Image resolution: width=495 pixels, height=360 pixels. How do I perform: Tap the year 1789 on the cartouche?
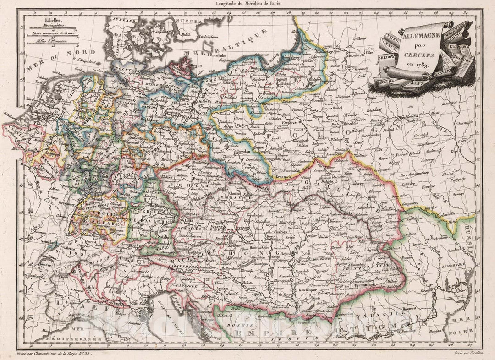(420, 64)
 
